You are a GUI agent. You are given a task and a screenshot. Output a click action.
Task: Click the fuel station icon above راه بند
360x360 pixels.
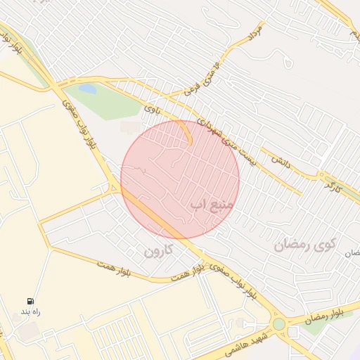tap(31, 300)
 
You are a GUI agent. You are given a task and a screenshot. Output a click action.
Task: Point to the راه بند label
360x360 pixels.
tap(31, 311)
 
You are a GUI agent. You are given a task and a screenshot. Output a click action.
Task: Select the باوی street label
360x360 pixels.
tap(153, 109)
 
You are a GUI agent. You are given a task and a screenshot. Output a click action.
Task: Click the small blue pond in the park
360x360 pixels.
tap(88, 89)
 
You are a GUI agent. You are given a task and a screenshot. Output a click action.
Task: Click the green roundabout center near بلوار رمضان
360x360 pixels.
tap(280, 324)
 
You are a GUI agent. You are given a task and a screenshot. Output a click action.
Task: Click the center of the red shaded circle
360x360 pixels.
tap(180, 180)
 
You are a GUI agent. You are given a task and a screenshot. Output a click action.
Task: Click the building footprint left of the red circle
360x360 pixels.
tap(130, 127)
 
